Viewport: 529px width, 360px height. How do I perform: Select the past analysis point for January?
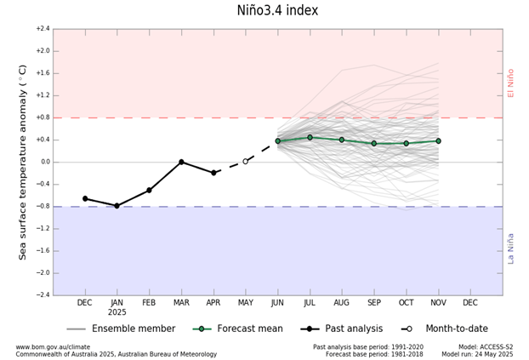[x=117, y=206]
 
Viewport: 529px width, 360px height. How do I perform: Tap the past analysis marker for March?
[x=181, y=162]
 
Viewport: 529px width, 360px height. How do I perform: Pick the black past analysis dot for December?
[x=85, y=198]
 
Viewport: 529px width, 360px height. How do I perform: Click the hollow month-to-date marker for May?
[x=246, y=161]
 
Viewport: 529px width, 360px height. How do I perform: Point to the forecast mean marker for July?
[x=310, y=137]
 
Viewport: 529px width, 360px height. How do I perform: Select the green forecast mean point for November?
[x=438, y=140]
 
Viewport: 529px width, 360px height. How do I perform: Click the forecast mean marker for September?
[x=374, y=143]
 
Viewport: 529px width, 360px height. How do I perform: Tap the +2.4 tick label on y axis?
[x=43, y=29]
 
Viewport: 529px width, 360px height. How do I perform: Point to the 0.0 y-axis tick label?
[x=44, y=162]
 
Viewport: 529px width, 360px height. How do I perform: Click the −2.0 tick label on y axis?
[x=43, y=273]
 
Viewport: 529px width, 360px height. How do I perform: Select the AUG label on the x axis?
[x=342, y=303]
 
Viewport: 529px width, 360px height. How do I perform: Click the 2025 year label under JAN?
[x=117, y=313]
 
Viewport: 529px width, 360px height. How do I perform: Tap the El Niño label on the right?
[x=511, y=83]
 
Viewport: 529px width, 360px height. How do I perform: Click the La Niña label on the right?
[x=511, y=248]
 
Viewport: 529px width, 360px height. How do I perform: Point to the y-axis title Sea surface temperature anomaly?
[x=23, y=162]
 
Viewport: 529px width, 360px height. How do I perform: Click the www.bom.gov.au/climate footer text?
[x=53, y=346]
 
